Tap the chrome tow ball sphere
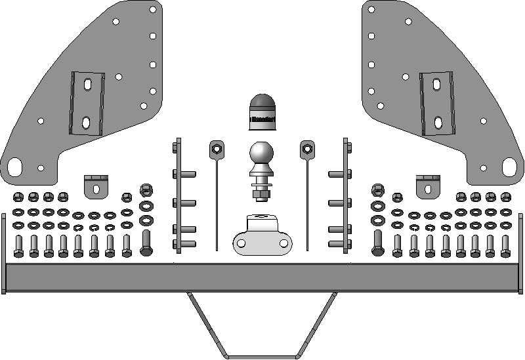coord(262,155)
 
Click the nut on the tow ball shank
coord(262,193)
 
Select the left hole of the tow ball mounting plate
coord(241,243)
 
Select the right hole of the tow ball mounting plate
coord(284,243)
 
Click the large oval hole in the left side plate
coord(14,167)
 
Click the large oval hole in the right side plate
coord(511,167)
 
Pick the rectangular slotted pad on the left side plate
coord(86,102)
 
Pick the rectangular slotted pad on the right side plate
coord(436,104)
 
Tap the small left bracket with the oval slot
coord(96,186)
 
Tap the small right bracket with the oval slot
coord(429,186)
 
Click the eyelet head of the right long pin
coord(307,150)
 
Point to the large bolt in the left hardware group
coord(146,242)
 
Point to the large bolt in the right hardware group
coord(378,242)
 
